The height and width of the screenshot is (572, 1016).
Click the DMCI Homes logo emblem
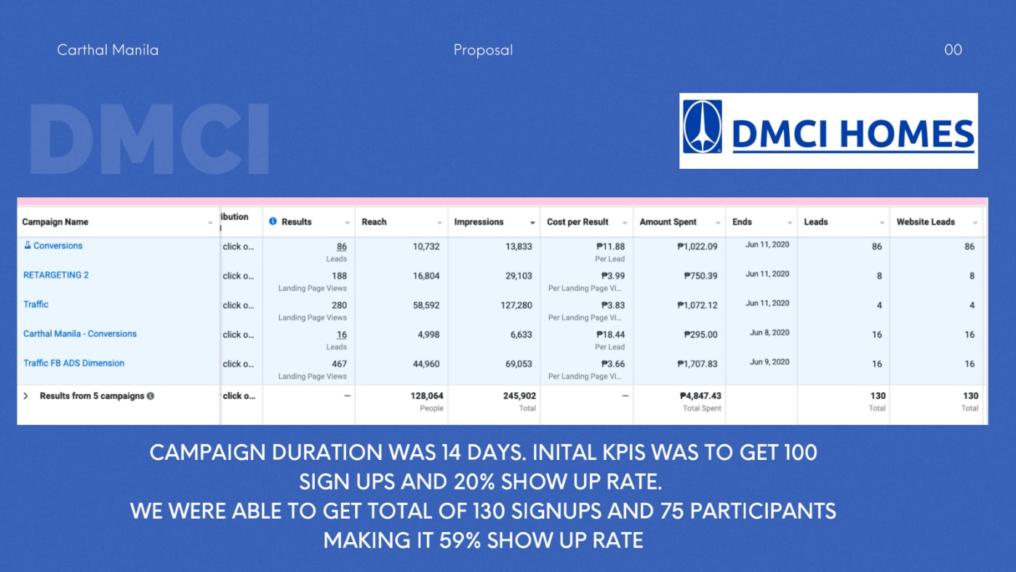702,127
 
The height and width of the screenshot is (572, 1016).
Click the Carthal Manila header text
108,49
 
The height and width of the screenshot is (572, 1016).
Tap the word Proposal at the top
483,50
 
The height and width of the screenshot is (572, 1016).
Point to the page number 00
953,49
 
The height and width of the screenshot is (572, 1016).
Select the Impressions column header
479,222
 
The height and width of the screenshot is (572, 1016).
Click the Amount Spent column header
668,222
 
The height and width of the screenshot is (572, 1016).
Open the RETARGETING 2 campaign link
56,275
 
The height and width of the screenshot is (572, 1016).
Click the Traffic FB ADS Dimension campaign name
73,363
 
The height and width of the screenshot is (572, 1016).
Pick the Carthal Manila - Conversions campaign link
80,333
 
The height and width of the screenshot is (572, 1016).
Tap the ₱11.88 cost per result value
610,247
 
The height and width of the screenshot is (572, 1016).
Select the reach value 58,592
426,305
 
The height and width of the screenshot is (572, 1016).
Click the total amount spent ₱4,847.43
700,396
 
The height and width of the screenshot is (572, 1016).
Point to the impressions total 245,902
519,396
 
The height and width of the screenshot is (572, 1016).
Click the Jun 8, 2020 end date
769,333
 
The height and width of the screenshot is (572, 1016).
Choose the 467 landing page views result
339,364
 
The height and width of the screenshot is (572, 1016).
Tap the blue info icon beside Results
273,221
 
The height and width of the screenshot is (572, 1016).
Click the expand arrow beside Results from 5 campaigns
26,396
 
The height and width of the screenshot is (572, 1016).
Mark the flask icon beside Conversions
27,245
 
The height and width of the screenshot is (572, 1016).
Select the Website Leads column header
925,222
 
